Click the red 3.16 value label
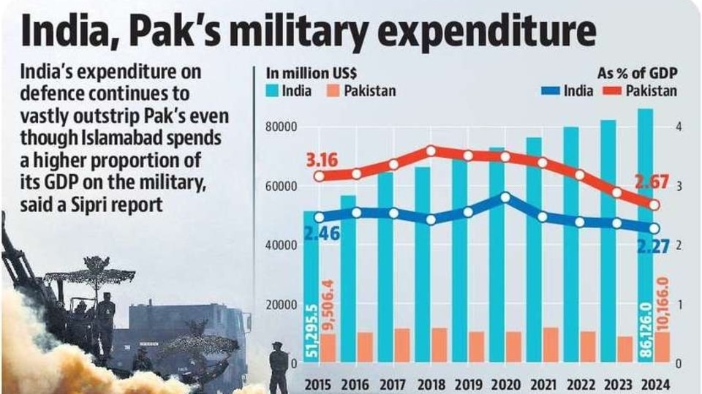(x=322, y=160)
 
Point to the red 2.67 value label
(x=652, y=182)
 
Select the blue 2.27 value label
(x=653, y=246)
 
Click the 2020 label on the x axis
(x=506, y=384)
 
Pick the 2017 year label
(x=393, y=384)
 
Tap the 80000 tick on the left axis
(x=281, y=127)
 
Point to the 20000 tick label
(x=281, y=305)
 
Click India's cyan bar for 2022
(x=571, y=244)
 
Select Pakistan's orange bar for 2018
(x=439, y=345)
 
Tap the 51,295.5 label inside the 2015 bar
(x=312, y=331)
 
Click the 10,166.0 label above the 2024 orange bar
(x=663, y=304)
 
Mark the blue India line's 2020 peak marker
(x=505, y=197)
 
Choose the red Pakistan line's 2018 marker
(x=431, y=151)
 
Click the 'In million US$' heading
(x=312, y=73)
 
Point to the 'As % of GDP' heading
(x=637, y=73)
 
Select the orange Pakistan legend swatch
(x=333, y=91)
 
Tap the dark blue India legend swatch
(x=550, y=91)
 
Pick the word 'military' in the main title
(x=295, y=31)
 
